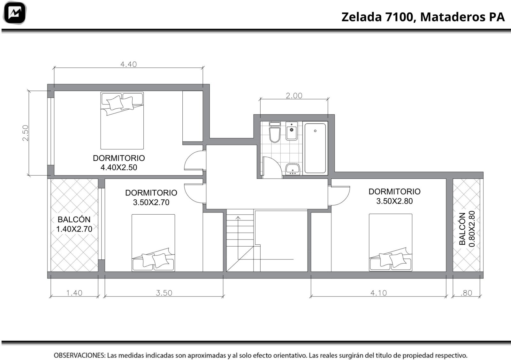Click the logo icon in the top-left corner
coord(15,13)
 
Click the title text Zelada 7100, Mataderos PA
coord(423,17)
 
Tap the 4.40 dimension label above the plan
coord(128,64)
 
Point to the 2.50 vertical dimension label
coord(25,133)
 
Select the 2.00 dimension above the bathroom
coord(294,96)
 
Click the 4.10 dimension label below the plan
coord(378,293)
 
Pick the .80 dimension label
coord(466,293)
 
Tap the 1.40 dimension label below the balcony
coord(74,293)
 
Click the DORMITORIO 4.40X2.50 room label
coord(119,163)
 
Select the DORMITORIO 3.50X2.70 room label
coord(151,197)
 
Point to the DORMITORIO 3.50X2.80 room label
coord(394,196)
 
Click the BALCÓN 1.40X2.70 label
coord(74,224)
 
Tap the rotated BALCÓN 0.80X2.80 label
coord(467,229)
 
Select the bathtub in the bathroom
coord(315,148)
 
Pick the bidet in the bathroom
coord(292,131)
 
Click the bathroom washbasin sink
coord(293,169)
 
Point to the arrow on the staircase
coord(238,237)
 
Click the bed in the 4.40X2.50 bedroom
coord(122,120)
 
